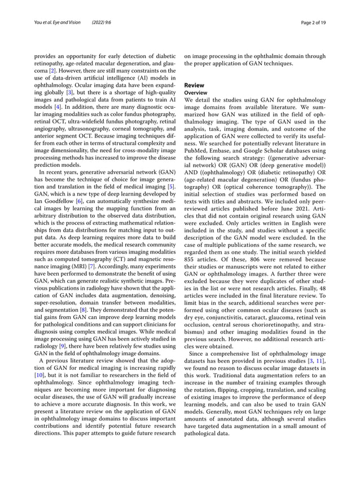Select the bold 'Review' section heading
click(195, 85)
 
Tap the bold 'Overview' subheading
click(197, 92)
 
